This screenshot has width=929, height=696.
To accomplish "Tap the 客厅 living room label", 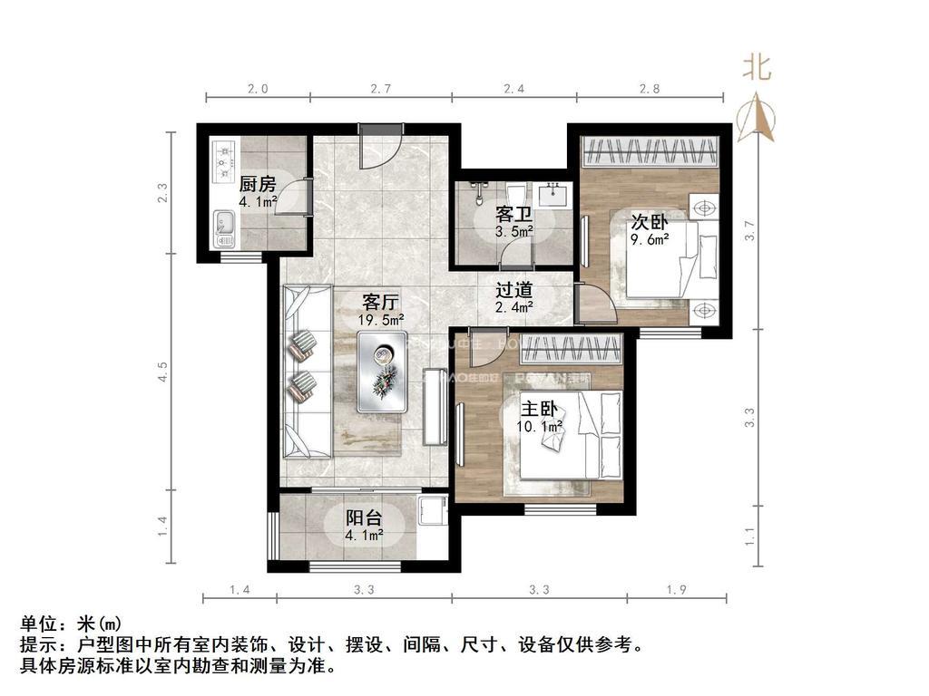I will [x=381, y=302].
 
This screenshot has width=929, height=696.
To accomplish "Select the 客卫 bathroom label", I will [x=513, y=216].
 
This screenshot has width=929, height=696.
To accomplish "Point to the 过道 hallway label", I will [x=513, y=292].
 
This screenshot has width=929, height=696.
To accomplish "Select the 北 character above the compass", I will [x=758, y=67].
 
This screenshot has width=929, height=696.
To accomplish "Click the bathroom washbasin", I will [x=553, y=194].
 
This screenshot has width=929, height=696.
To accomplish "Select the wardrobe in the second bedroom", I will [x=650, y=151].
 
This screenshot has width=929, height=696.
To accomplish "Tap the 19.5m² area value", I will [x=381, y=320].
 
